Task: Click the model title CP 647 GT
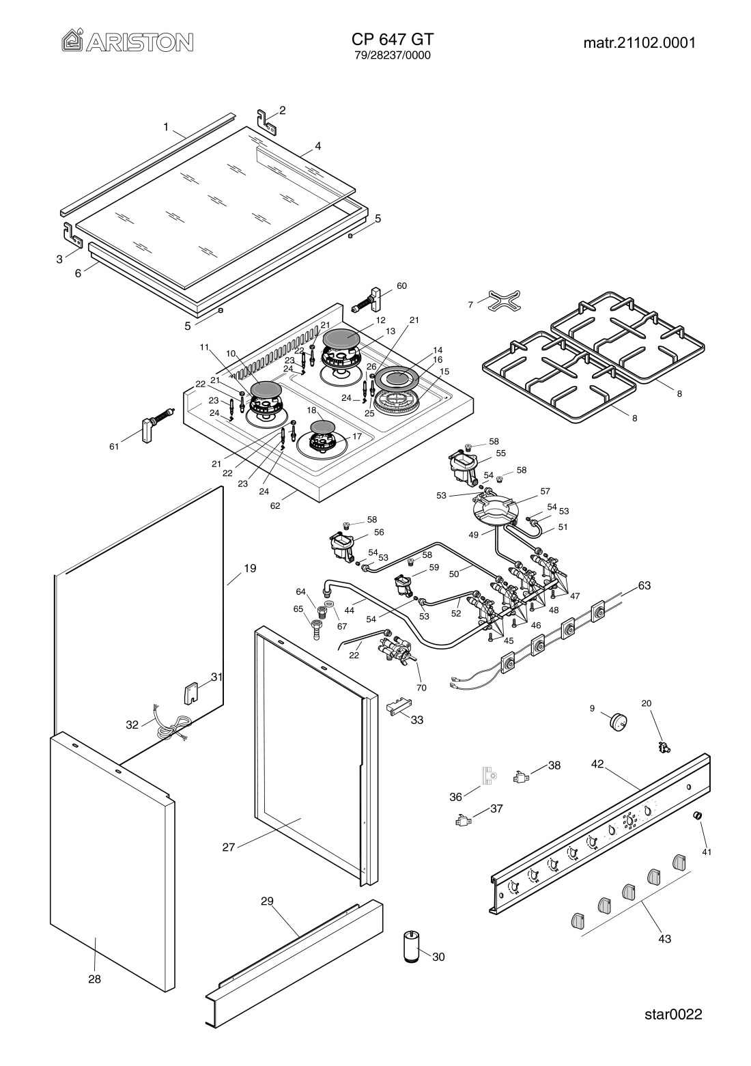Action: tap(393, 39)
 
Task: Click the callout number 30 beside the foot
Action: tap(438, 957)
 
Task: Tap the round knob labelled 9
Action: tap(619, 721)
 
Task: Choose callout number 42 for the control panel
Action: tap(597, 766)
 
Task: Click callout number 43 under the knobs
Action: tap(664, 938)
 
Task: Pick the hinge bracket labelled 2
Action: tap(267, 120)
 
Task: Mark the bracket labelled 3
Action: tap(72, 235)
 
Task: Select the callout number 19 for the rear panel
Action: tap(250, 567)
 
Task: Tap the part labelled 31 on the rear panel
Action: tap(190, 693)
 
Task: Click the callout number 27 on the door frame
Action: tap(228, 847)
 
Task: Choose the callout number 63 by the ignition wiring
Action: tap(644, 585)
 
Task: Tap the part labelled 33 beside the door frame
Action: tap(396, 707)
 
